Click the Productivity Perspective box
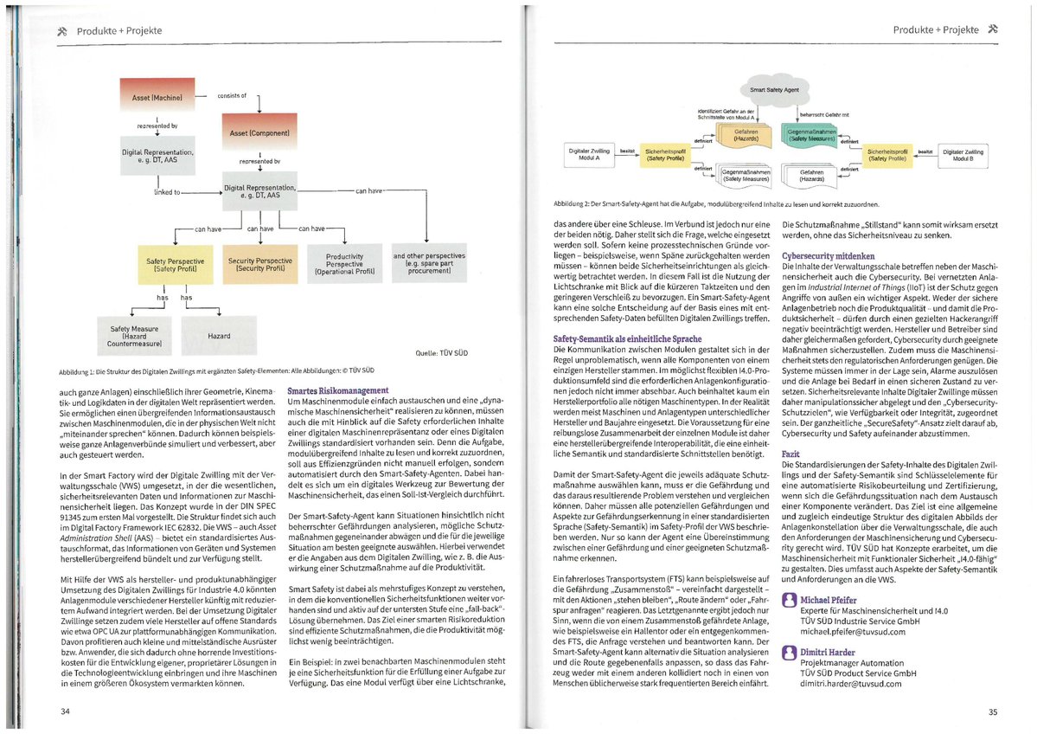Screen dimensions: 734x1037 [x=343, y=263]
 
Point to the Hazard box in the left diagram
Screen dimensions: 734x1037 [x=219, y=335]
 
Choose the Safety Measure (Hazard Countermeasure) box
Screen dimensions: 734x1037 [x=135, y=335]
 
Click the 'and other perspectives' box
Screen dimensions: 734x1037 [x=429, y=263]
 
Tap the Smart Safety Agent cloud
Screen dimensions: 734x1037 [x=774, y=89]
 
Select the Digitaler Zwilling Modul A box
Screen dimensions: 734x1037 [x=588, y=156]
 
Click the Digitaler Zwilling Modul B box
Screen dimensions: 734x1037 [x=963, y=156]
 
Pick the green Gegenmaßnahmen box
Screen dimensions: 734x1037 [x=809, y=134]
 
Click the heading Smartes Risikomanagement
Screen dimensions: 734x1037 [x=337, y=392]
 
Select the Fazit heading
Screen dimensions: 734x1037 [x=791, y=454]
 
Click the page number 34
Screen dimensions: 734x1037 [x=65, y=712]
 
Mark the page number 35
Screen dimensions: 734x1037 [x=992, y=712]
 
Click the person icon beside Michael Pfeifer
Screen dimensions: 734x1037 [x=788, y=600]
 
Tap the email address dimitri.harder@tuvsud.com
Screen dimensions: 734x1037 [x=849, y=683]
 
